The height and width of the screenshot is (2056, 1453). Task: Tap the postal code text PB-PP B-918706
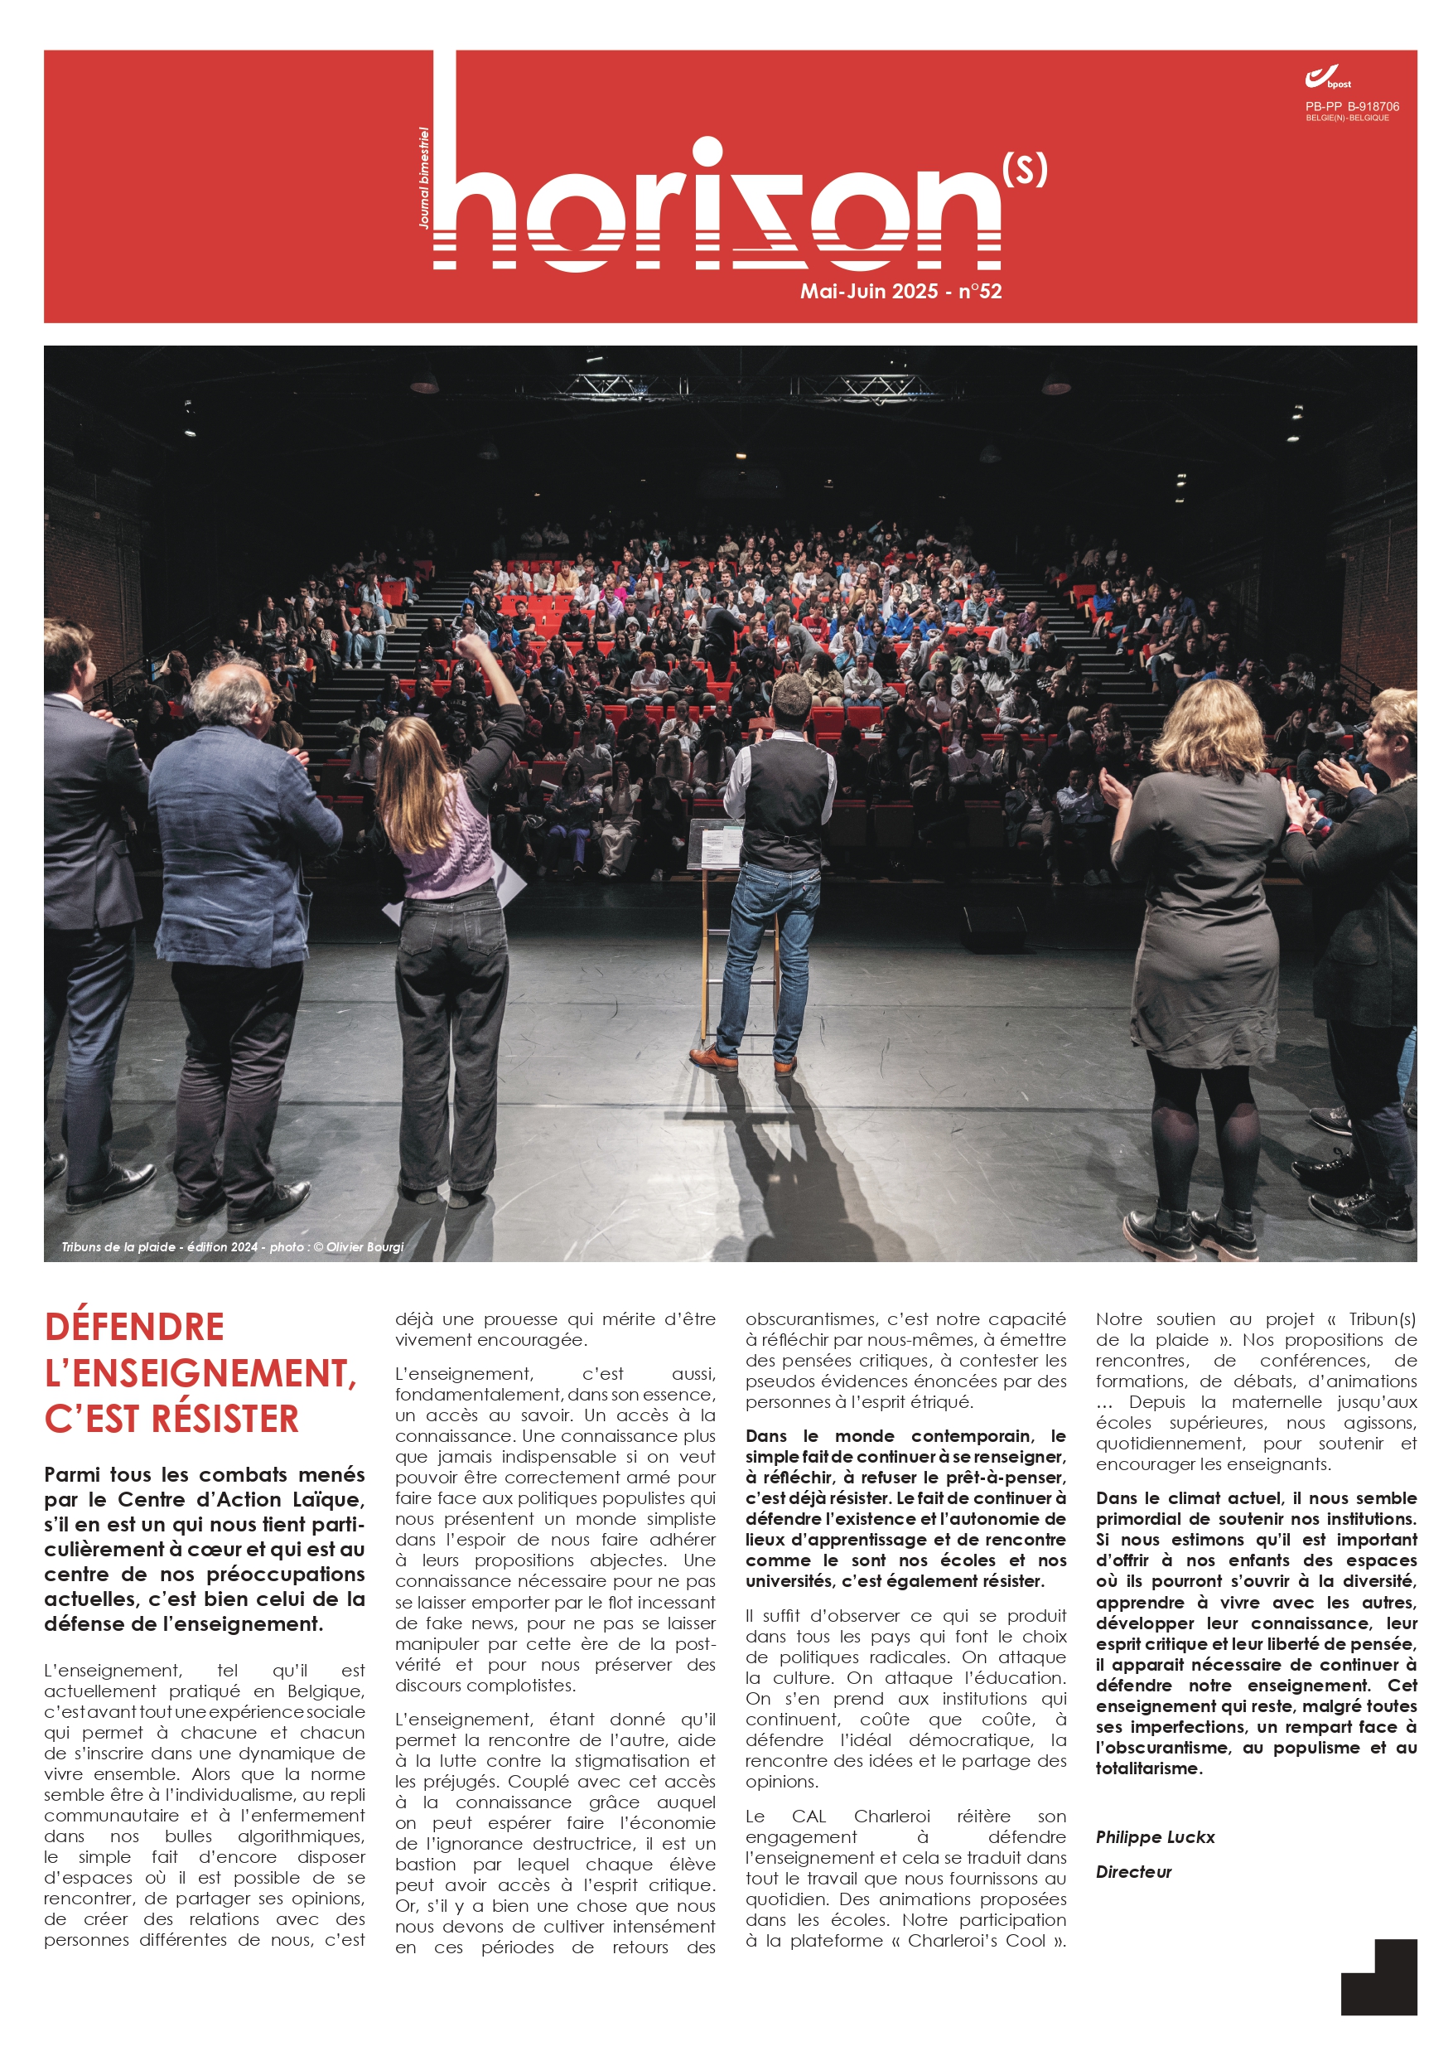coord(1351,107)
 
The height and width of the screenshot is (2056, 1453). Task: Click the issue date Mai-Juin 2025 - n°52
coord(900,291)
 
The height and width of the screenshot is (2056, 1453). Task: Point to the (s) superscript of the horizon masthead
coord(1024,169)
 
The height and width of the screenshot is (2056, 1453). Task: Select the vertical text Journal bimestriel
coord(424,177)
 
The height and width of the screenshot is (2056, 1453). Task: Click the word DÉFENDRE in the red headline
coord(134,1327)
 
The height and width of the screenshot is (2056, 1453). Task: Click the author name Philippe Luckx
coord(1155,1836)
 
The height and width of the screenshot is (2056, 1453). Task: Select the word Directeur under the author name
coord(1133,1871)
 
